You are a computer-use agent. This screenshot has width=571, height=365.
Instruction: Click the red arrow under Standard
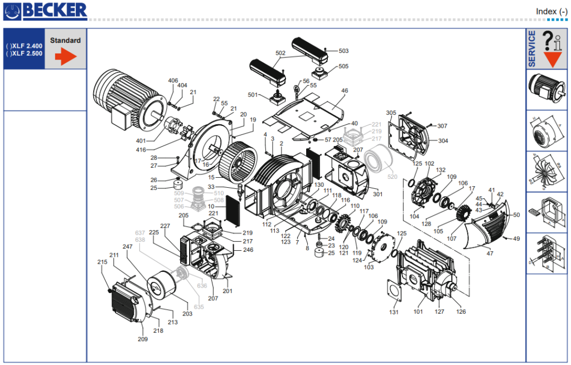pyautogui.click(x=65, y=56)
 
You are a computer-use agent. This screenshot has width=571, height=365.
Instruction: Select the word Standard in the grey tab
pyautogui.click(x=65, y=41)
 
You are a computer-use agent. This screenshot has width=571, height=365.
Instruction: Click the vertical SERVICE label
pyautogui.click(x=532, y=48)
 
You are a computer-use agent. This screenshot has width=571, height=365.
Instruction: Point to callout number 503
pyautogui.click(x=343, y=51)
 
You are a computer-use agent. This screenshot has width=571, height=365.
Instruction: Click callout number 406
pyautogui.click(x=173, y=81)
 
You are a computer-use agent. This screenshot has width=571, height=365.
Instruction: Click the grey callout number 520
pyautogui.click(x=393, y=177)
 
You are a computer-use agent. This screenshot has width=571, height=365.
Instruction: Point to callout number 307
pyautogui.click(x=442, y=126)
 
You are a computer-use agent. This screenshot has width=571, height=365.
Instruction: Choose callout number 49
pyautogui.click(x=516, y=239)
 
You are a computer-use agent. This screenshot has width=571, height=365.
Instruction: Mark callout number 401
pyautogui.click(x=141, y=140)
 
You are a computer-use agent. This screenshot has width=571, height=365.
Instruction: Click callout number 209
pyautogui.click(x=143, y=339)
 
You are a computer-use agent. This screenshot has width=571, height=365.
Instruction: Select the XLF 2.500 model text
pyautogui.click(x=26, y=53)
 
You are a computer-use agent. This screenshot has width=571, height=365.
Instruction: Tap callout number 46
pyautogui.click(x=345, y=90)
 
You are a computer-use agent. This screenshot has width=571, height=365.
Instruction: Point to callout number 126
pyautogui.click(x=461, y=312)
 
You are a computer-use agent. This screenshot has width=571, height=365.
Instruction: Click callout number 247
pyautogui.click(x=128, y=246)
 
